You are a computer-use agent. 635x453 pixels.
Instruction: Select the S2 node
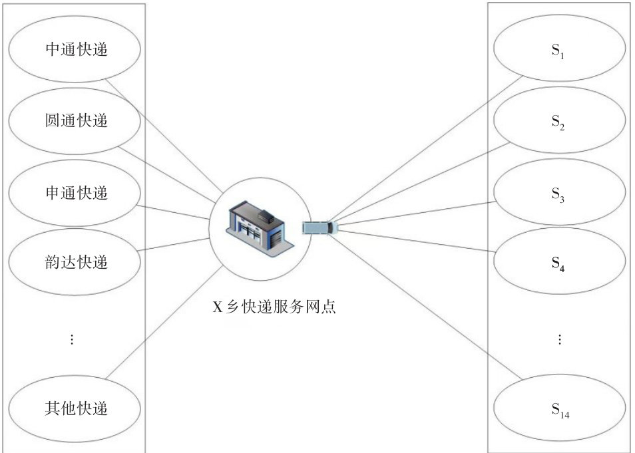click(558, 123)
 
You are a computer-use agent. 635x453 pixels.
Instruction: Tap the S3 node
click(558, 194)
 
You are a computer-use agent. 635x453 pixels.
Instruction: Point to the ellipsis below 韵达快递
click(72, 339)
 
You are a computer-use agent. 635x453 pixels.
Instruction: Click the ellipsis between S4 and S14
click(560, 339)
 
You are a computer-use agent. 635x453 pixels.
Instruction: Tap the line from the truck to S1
click(426, 150)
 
